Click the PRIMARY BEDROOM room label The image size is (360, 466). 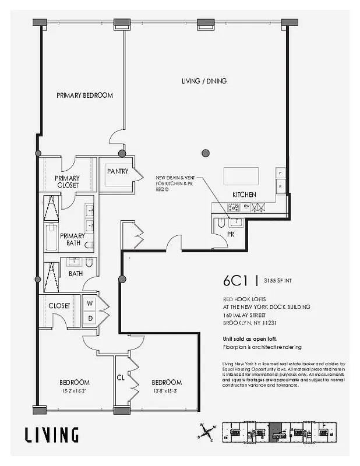click(84, 95)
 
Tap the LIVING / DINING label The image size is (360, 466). click(203, 81)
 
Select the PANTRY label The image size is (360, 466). click(118, 171)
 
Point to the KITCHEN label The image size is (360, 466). click(244, 195)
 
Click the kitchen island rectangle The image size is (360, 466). click(241, 175)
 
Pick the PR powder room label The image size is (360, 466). click(231, 234)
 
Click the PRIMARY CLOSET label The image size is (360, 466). click(67, 182)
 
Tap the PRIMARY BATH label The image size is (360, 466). click(72, 239)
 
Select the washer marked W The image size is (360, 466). click(90, 303)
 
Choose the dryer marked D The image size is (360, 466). click(90, 318)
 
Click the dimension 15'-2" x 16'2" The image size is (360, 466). click(74, 391)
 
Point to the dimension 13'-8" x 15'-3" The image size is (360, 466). click(167, 391)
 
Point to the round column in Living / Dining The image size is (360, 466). click(205, 153)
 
